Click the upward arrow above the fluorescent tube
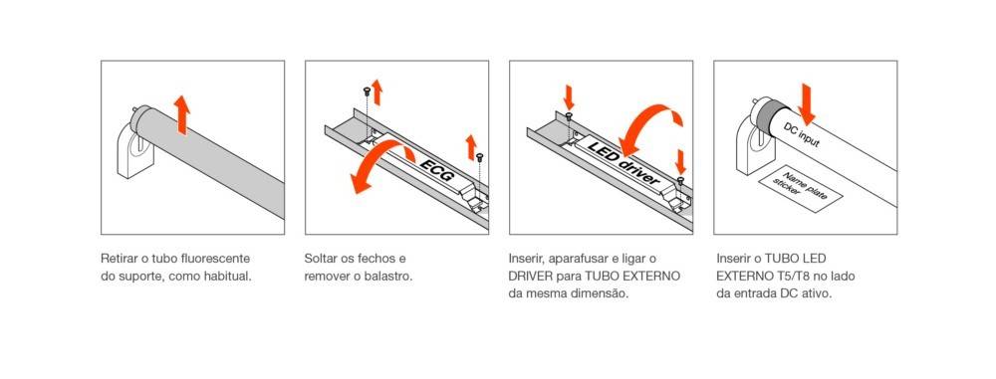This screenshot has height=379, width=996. pyautogui.click(x=182, y=115)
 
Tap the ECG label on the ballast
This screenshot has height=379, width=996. pyautogui.click(x=436, y=170)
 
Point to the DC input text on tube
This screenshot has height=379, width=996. pyautogui.click(x=802, y=134)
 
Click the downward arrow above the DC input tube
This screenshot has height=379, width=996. pyautogui.click(x=808, y=102)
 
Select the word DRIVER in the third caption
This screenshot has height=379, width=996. pyautogui.click(x=531, y=277)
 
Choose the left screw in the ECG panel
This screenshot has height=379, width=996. pyautogui.click(x=368, y=93)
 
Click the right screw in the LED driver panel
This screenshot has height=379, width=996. pyautogui.click(x=681, y=181)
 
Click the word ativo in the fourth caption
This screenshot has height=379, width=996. pyautogui.click(x=817, y=294)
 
